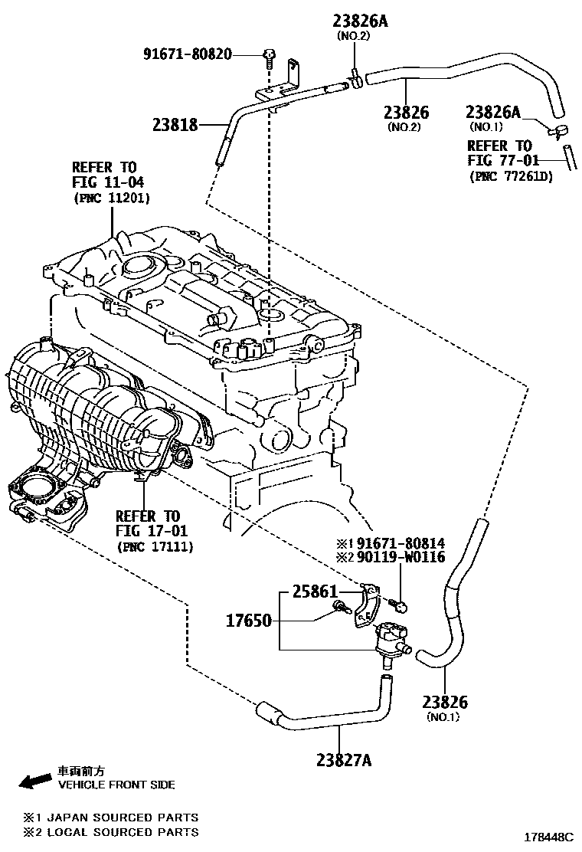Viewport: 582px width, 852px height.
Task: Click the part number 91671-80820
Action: click(188, 54)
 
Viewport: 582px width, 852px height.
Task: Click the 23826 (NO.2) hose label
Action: click(406, 113)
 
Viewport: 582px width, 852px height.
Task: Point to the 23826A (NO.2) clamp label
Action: click(360, 21)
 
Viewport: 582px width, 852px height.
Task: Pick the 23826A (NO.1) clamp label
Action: click(492, 113)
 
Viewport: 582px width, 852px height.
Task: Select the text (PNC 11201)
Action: click(112, 198)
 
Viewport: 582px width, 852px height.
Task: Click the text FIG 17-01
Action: click(151, 530)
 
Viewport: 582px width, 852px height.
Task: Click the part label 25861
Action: click(314, 592)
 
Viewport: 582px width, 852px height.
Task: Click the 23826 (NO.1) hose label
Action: click(444, 702)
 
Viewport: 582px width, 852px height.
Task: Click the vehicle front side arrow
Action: click(34, 782)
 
